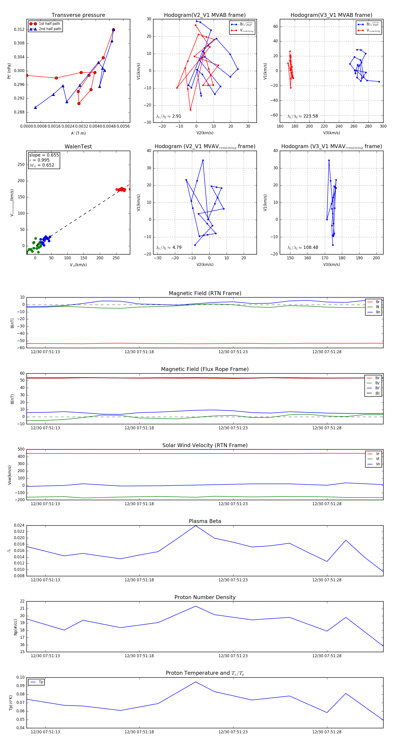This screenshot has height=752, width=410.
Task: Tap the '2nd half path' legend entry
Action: pos(50,29)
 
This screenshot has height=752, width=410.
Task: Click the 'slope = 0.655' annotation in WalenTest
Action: pos(44,155)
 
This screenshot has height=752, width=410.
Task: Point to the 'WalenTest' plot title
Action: pos(78,147)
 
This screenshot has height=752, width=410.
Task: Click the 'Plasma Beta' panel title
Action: pos(205,521)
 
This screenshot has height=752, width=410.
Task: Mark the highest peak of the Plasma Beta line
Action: pos(195,526)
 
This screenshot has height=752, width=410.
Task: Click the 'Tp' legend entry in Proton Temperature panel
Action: pos(41,682)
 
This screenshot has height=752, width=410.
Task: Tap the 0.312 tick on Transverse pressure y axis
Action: pos(19,29)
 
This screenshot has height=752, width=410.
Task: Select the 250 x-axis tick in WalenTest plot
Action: pos(116,258)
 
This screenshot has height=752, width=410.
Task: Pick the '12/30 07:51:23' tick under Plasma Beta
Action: pos(233,580)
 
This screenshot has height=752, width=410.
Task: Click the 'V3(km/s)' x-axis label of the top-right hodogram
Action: pos(331,133)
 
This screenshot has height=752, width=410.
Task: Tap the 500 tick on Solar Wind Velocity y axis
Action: pos(21,449)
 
